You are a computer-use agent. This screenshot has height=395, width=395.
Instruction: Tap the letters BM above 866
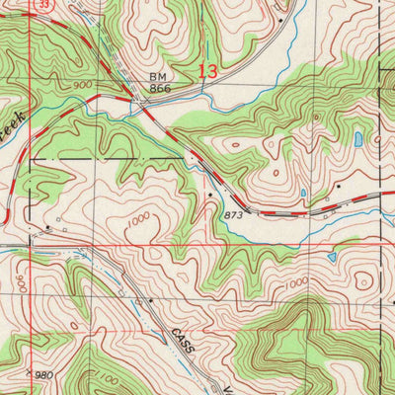pyautogui.click(x=160, y=76)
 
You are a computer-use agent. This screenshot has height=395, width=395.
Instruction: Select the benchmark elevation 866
pyautogui.click(x=161, y=89)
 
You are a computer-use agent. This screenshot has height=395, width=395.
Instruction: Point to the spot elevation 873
pyautogui.click(x=234, y=213)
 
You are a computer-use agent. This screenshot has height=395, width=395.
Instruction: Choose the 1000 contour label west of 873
pyautogui.click(x=138, y=217)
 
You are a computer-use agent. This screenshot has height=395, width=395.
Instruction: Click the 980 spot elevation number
pyautogui.click(x=41, y=376)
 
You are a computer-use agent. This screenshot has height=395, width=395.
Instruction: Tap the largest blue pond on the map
pyautogui.click(x=356, y=139)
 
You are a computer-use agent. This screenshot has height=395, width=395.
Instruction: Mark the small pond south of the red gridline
pyautogui.click(x=332, y=258)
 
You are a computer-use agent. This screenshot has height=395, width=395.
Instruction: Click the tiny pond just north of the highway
pyautogui.click(x=303, y=193)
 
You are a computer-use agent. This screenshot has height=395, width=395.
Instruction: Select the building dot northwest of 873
pyautogui.click(x=210, y=195)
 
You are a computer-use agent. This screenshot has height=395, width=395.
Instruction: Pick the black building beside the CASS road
pyautogui.click(x=150, y=298)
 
